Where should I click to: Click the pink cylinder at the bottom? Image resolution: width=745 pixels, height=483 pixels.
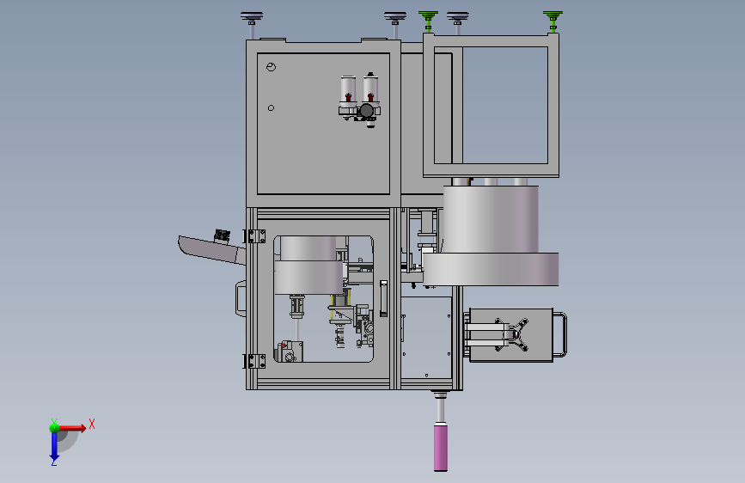(441, 448)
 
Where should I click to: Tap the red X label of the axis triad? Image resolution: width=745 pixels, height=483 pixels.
(92, 424)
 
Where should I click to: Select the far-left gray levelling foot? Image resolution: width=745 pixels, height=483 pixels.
(252, 24)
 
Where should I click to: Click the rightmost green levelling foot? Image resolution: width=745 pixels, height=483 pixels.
(553, 21)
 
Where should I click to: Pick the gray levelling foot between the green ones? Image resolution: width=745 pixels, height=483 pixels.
(457, 22)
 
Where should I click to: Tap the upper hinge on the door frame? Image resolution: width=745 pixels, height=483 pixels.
(255, 236)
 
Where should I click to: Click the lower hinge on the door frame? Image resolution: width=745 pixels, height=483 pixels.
(255, 361)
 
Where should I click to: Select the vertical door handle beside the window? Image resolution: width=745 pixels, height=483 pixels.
(383, 298)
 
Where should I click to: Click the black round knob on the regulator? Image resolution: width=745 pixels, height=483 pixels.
(366, 111)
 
